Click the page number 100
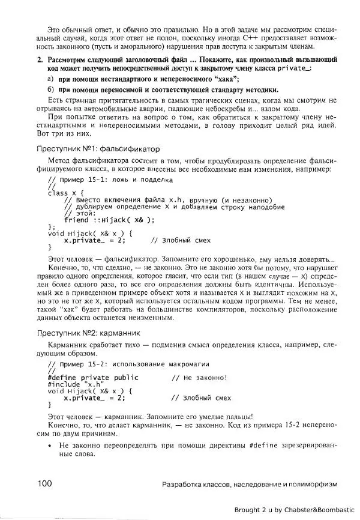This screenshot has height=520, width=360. tap(46, 484)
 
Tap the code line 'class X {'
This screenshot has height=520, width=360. tap(65, 193)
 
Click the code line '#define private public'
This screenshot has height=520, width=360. tap(92, 377)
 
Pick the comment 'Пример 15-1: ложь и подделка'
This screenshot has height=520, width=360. tap(110, 180)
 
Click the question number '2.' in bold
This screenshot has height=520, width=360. tap(40, 61)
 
